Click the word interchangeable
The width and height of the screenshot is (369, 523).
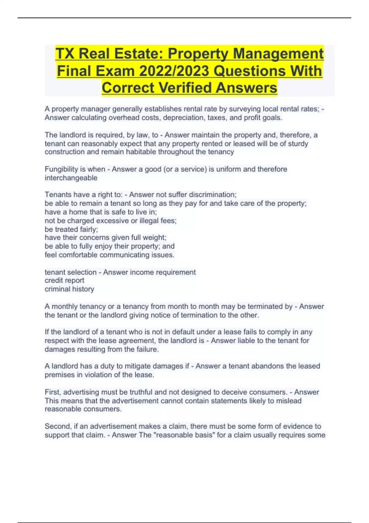(71, 178)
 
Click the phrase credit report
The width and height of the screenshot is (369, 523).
(65, 281)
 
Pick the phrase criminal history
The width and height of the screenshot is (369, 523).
(69, 289)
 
